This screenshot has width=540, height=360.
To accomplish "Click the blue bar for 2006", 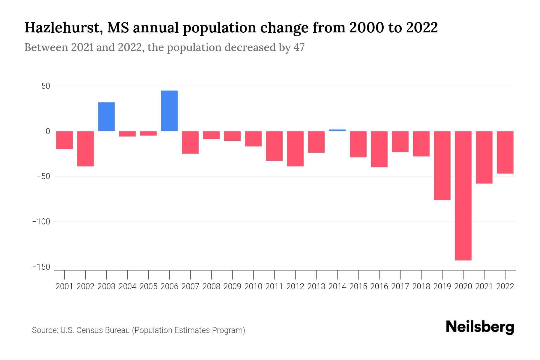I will point(169,111).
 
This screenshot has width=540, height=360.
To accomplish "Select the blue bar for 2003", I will point(106,117).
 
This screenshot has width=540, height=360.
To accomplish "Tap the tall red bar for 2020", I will point(463,196).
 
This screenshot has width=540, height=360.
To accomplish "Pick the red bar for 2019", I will point(442,165).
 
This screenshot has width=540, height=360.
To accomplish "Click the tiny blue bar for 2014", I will point(337,130).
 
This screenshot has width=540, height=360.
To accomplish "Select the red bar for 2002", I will point(85,148).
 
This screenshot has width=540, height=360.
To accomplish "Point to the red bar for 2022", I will point(505,152).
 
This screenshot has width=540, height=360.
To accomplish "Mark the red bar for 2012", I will point(295,148).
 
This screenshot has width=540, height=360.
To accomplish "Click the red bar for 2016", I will point(379,149).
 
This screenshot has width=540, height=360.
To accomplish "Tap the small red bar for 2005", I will point(148,133).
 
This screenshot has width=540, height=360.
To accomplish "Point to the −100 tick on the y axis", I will point(41,222).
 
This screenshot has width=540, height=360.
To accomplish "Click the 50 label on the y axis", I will point(46,86).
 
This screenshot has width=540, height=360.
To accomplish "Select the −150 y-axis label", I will point(41,267).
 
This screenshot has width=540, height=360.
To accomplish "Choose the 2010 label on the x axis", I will point(253,286).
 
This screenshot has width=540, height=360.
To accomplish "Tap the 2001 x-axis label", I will point(64,286).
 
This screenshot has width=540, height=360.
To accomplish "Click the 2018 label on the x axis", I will point(421,286).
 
